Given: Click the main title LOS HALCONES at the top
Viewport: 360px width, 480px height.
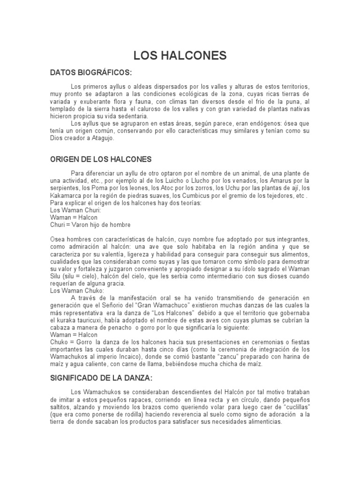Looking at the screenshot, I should (180, 56).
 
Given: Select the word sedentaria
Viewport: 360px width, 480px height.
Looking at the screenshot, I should (132, 116).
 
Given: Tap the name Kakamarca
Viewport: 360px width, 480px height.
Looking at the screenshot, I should (67, 195).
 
